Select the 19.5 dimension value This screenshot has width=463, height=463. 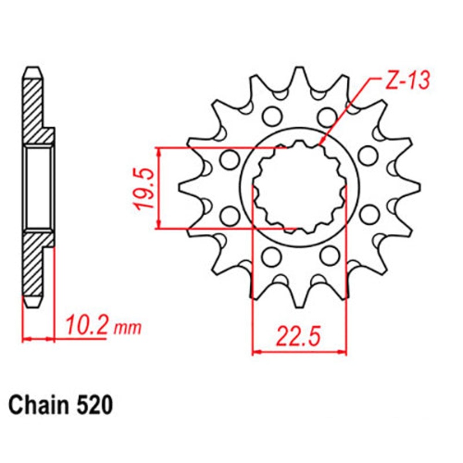[145, 188]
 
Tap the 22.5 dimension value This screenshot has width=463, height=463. [298, 336]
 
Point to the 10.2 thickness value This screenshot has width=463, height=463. [86, 325]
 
